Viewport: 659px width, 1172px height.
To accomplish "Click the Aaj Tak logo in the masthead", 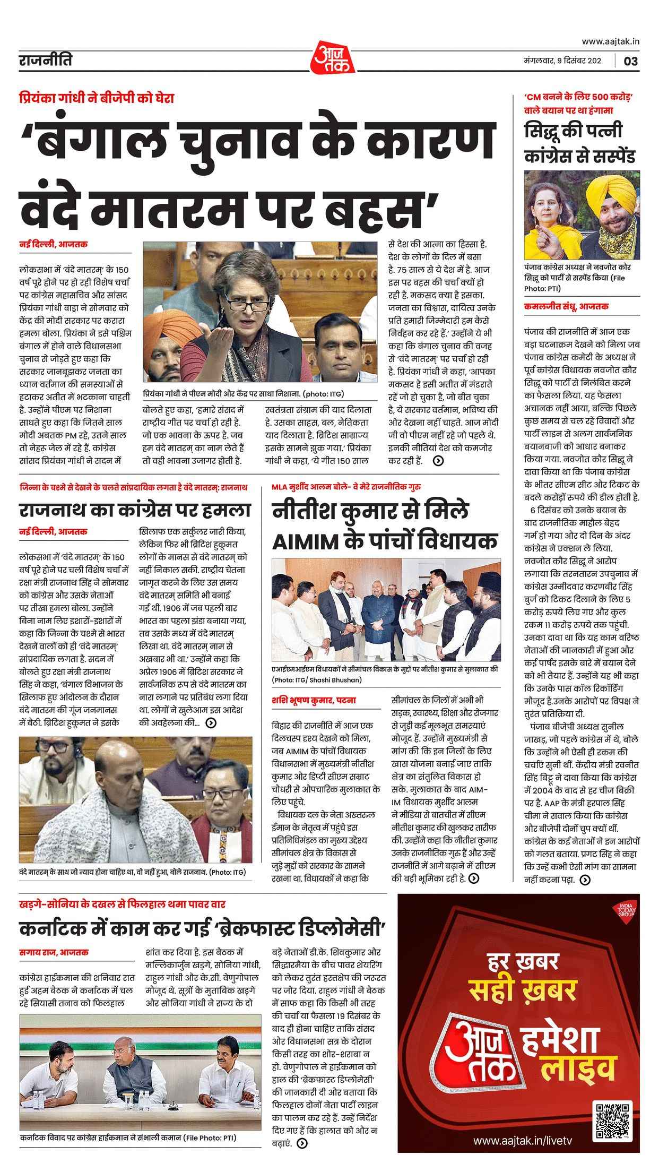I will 329,56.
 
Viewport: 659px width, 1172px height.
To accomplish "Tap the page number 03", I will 631,61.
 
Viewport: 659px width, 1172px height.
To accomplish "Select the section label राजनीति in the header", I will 44,61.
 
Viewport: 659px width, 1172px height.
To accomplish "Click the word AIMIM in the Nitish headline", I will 306,541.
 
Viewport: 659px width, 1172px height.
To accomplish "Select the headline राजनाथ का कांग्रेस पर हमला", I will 135,510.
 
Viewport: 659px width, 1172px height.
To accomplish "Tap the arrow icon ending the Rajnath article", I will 211,722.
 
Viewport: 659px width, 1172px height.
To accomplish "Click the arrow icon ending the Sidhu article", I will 585,880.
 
